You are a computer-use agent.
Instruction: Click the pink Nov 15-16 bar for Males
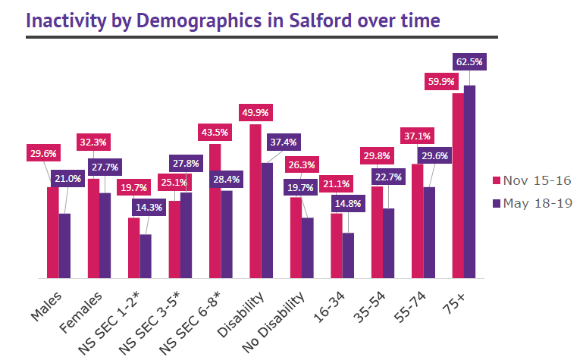click(x=52, y=232)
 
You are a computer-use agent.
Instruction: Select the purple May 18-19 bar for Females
click(x=105, y=235)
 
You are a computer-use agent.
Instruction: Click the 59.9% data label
click(x=447, y=82)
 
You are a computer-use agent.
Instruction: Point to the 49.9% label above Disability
click(x=254, y=112)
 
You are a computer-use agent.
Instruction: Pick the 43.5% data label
click(x=214, y=131)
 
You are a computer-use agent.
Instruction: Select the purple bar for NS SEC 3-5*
click(x=186, y=235)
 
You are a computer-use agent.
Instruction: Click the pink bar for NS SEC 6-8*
click(x=215, y=211)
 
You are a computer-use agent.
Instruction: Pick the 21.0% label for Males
click(x=67, y=179)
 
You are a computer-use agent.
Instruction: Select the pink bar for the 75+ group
click(x=457, y=186)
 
